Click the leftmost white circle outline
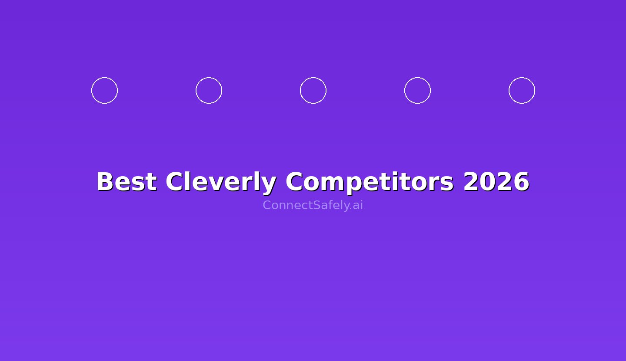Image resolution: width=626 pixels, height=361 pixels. coord(104,91)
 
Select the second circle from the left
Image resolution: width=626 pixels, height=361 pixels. coord(209,91)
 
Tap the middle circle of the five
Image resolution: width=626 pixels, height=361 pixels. coord(313,91)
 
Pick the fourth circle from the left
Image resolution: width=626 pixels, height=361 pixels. coord(417,91)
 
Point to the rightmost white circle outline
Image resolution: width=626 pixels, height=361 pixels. coord(522,91)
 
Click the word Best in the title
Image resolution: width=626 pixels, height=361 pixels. coord(126,182)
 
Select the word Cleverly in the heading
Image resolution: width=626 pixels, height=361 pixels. coord(221,182)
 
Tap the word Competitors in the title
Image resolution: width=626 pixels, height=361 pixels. coord(370,182)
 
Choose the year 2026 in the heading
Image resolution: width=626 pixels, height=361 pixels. coord(496,182)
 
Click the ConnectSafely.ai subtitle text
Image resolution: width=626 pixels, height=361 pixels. coord(313,205)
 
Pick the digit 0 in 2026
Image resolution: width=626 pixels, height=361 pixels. coord(488,182)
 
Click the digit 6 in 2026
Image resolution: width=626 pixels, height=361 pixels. coord(521,182)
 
